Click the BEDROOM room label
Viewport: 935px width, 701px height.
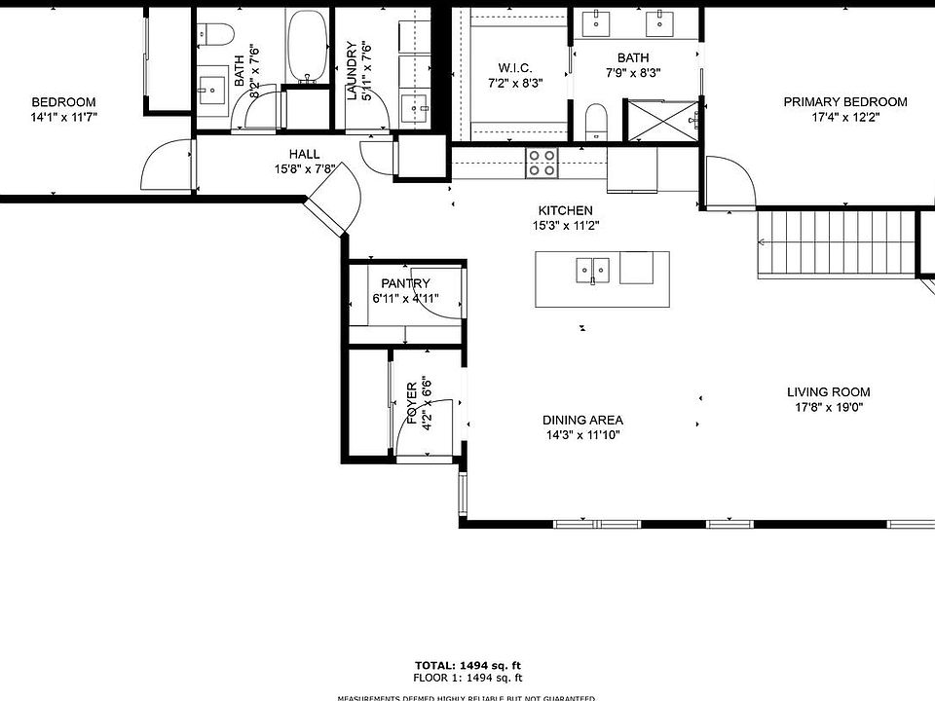coord(64,102)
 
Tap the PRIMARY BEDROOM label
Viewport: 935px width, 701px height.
coord(845,102)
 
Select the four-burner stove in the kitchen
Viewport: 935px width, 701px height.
coord(542,163)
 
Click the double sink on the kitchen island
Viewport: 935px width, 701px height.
coord(591,268)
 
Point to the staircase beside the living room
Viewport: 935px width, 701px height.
coord(838,243)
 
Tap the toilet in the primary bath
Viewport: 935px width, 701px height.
coord(597,122)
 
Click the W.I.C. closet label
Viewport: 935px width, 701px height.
coord(513,67)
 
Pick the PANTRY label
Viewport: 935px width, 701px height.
coord(406,283)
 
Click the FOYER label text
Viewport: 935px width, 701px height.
coord(412,404)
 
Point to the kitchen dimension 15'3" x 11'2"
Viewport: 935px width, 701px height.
coord(565,226)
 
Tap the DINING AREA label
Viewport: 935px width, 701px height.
coord(582,421)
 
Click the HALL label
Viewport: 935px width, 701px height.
coord(304,154)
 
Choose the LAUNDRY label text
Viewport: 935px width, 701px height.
coord(354,70)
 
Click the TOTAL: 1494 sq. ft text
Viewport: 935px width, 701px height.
coord(467,665)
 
